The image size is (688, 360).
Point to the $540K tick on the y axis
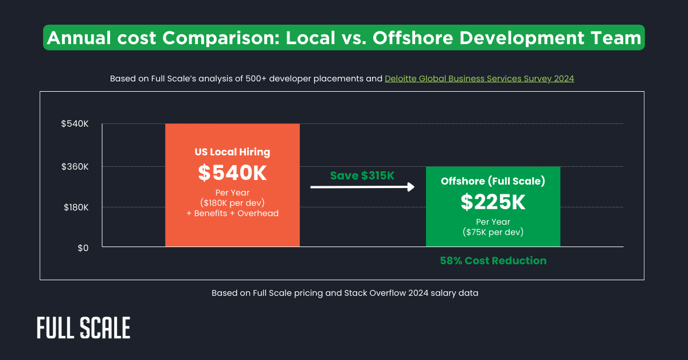point(75,124)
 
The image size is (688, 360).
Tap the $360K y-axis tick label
point(75,167)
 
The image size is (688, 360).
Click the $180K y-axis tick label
point(75,207)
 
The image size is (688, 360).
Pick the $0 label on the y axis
point(83,247)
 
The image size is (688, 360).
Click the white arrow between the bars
point(362,187)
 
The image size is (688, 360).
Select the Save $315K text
point(362,175)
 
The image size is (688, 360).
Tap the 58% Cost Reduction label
point(493,261)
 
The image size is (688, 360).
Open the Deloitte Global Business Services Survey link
point(479,79)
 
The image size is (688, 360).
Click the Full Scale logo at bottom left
point(84,328)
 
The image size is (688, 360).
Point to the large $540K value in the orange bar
point(232,173)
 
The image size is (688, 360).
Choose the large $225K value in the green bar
point(492,201)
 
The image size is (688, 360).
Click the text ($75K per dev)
point(492,232)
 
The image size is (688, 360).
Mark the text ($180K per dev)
point(232,203)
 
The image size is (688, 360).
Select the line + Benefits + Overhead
point(232,213)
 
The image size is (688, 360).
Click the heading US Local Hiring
point(232,152)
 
